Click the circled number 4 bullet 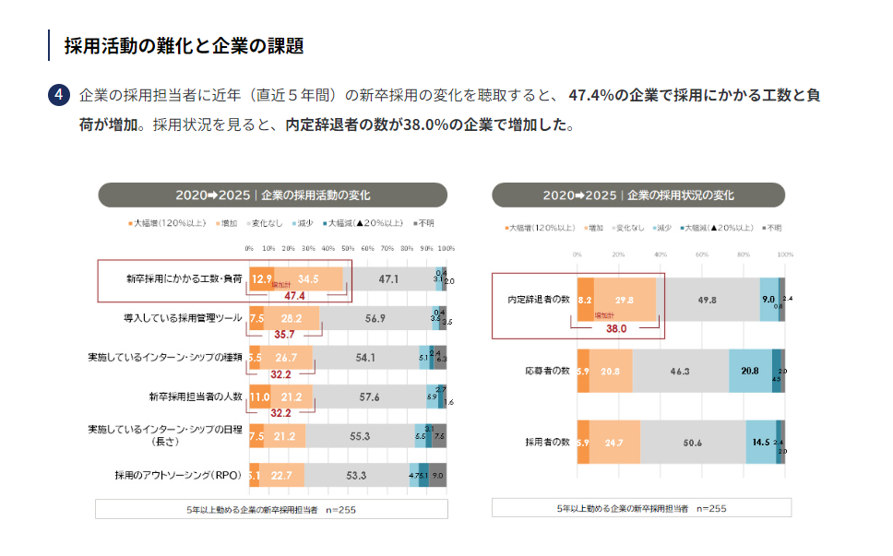tap(58, 95)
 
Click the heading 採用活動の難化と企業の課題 tap(184, 45)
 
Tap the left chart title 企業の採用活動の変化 tap(316, 195)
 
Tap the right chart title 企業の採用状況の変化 tap(681, 195)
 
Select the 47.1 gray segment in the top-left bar tap(388, 278)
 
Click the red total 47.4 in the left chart tap(294, 295)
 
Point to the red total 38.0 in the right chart tap(615, 327)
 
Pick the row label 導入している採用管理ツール tap(182, 317)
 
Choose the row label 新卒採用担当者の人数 tap(195, 396)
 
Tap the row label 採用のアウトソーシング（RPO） tap(177, 476)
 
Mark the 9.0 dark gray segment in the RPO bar tap(438, 476)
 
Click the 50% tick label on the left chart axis tap(348, 249)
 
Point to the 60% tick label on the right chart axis tap(701, 254)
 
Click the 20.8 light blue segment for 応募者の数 tap(750, 371)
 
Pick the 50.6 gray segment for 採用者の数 tap(693, 443)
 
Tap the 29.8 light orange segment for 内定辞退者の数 tap(625, 300)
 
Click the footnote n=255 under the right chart tap(711, 508)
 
